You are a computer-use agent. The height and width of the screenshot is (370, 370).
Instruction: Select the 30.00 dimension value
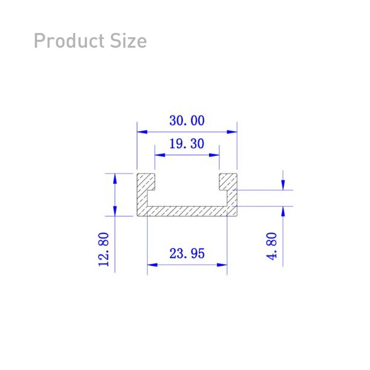click(187, 120)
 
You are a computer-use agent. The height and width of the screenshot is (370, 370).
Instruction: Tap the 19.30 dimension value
click(187, 144)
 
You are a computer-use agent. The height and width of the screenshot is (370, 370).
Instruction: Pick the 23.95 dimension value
click(187, 254)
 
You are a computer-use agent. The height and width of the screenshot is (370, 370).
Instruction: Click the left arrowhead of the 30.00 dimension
click(142, 132)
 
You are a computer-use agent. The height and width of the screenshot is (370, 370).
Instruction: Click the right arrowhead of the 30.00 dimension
click(232, 132)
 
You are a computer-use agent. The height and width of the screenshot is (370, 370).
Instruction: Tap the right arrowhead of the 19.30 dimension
click(215, 155)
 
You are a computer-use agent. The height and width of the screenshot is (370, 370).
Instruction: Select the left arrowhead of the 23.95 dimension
click(152, 265)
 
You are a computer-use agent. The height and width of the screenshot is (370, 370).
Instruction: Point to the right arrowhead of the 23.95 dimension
click(222, 265)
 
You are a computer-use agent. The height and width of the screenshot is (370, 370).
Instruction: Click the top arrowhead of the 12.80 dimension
click(115, 178)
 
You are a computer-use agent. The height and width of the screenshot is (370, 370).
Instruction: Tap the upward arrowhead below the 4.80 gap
click(283, 211)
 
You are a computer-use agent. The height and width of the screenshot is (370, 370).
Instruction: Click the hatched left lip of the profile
click(146, 181)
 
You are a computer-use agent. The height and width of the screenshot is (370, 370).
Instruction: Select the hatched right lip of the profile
click(228, 181)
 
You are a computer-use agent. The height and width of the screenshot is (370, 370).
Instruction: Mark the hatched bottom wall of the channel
click(187, 211)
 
